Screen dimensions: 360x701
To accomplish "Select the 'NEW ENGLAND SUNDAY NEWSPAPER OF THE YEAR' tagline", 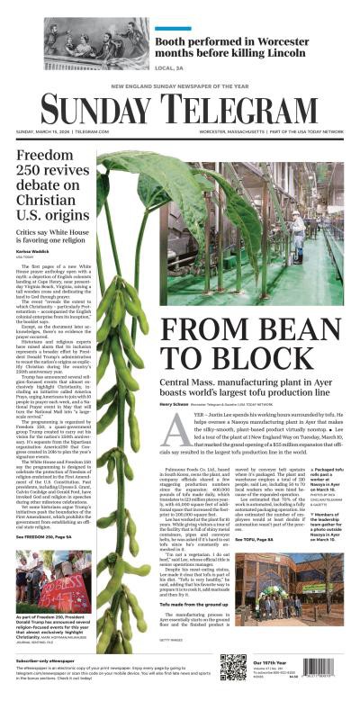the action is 180,87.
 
